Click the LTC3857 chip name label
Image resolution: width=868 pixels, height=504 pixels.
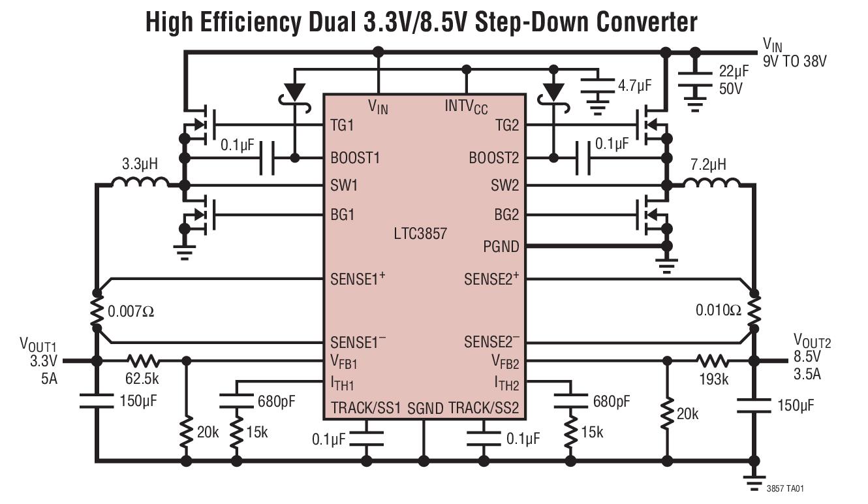pos(420,234)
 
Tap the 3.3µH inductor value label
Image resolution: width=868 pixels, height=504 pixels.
pos(140,165)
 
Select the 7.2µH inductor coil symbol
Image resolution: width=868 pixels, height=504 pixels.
pos(711,183)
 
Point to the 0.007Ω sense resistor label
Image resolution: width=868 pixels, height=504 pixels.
pos(131,311)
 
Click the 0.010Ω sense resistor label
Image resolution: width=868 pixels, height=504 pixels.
pos(719,310)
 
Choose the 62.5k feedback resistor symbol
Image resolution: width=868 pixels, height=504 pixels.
pos(143,361)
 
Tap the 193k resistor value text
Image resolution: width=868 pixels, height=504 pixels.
pos(714,379)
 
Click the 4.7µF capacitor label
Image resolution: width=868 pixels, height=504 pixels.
pos(635,86)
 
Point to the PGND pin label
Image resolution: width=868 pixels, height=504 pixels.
pos(501,247)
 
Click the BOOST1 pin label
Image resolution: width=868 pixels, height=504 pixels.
pos(355,158)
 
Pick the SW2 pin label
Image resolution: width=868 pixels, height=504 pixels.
pos(504,185)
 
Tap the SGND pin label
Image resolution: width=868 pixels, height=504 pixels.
pos(425,408)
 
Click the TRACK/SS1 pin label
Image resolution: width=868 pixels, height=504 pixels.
pos(365,408)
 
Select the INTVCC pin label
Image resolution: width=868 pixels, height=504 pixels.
pos(466,106)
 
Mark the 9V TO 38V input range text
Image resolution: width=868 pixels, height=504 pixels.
pos(795,61)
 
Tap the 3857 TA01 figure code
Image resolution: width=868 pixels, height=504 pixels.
pos(785,488)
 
